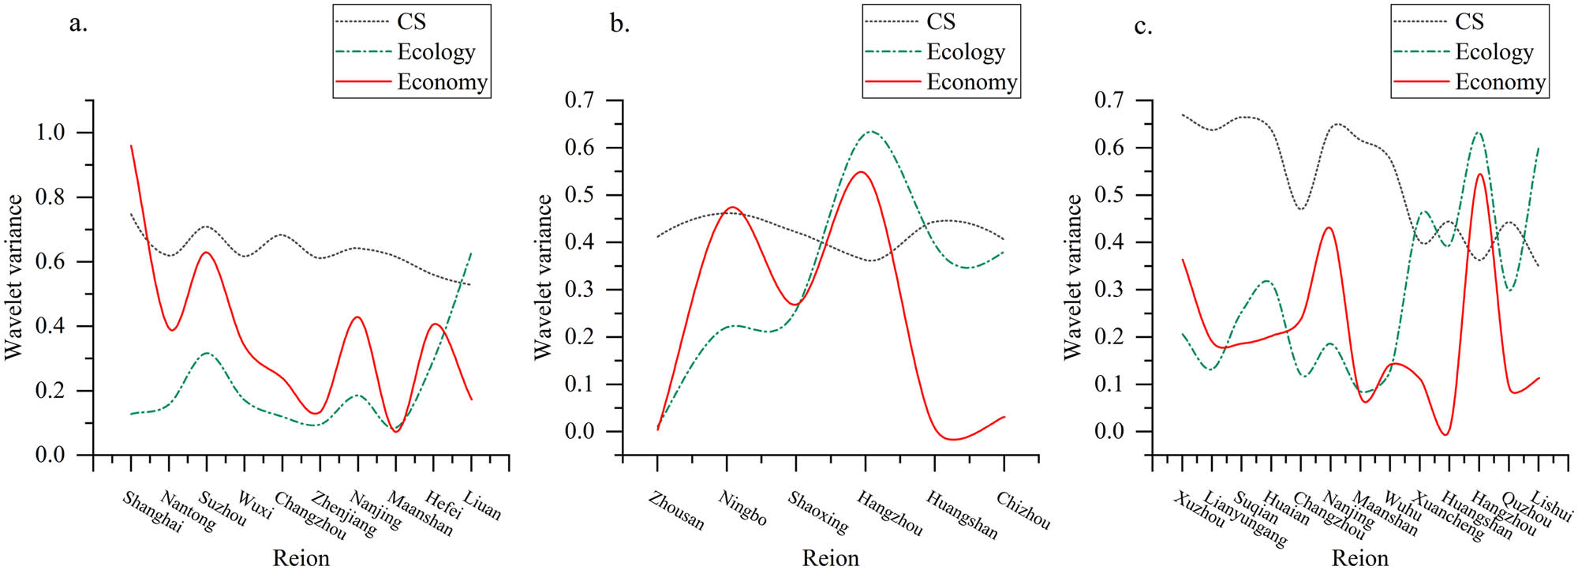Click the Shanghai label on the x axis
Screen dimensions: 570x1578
[x=152, y=512]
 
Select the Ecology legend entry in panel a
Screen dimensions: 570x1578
[x=436, y=52]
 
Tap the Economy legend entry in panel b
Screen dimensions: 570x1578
[x=971, y=82]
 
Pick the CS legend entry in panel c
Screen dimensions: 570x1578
[x=1469, y=22]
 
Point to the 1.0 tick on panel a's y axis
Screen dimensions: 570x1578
[x=50, y=133]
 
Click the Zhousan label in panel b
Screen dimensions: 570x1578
[x=676, y=511]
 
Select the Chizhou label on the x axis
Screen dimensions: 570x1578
[x=1023, y=511]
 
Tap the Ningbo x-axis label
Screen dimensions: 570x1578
[x=742, y=508]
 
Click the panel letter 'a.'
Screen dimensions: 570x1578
[x=78, y=24]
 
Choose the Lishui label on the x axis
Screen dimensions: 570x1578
[x=1551, y=506]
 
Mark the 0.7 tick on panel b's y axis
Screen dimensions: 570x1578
[x=579, y=100]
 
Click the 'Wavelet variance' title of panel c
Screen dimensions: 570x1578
[x=1072, y=277]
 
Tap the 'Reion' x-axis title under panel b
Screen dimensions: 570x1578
[x=830, y=558]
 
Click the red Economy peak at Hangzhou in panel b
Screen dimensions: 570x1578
[x=861, y=172]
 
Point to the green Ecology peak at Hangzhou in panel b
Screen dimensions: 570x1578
[x=870, y=132]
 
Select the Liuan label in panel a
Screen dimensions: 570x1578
[x=482, y=506]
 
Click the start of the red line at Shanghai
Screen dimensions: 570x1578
[x=131, y=146]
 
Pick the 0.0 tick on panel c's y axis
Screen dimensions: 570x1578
[x=1109, y=432]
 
